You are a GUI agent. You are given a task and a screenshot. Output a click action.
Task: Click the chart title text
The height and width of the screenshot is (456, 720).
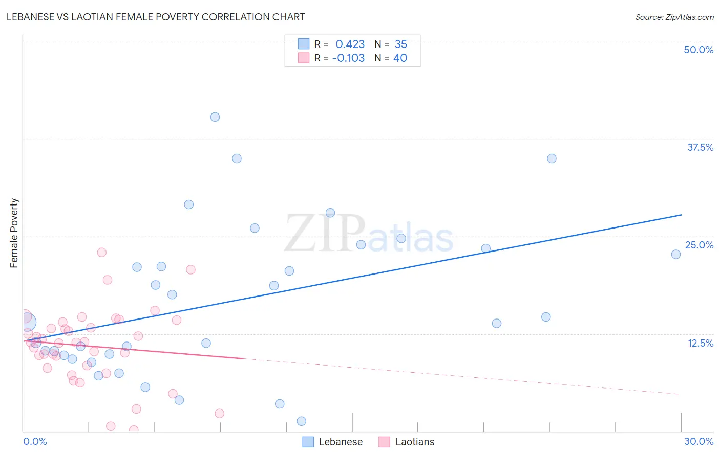coord(156,17)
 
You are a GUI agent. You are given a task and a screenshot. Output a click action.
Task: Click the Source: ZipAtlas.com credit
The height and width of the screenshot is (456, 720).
coord(674,17)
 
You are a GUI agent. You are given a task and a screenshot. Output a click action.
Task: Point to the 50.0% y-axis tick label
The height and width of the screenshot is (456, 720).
coord(698,50)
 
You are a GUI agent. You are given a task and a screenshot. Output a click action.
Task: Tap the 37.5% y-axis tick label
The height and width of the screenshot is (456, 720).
coord(700,147)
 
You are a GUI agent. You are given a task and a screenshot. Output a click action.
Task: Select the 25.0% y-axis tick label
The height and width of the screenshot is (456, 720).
coord(699,245)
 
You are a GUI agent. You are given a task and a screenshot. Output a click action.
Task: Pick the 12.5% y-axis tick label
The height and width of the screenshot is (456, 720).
coord(700,343)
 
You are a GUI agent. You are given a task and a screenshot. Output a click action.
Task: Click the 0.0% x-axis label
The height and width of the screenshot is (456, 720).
coord(35,441)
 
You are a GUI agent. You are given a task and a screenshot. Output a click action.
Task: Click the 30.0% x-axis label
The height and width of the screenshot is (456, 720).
coord(698,441)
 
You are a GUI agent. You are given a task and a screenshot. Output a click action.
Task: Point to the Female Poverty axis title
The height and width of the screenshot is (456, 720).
coord(14,233)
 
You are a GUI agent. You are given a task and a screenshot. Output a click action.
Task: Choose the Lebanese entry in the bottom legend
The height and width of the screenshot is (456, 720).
coord(340,442)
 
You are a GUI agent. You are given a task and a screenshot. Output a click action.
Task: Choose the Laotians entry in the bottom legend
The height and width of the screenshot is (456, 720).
coord(414,442)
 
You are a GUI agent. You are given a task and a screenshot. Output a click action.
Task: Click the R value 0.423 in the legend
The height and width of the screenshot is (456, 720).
coord(350,44)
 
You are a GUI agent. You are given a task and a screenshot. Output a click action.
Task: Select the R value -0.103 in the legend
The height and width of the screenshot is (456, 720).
coord(348,58)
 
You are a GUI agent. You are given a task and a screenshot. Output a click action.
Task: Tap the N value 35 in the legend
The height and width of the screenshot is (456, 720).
coord(400,44)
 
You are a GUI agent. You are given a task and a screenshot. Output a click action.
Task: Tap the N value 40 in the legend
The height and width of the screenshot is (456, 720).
coord(400,58)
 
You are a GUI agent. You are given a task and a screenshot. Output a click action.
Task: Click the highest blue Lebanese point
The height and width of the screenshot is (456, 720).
coord(215,117)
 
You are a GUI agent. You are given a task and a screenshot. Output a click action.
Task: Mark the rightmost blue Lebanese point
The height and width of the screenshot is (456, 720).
coord(676,254)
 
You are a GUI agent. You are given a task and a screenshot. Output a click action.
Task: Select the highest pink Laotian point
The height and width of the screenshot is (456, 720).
coord(102,253)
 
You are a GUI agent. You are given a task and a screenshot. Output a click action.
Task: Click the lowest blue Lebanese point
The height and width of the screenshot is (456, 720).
coord(302,421)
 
